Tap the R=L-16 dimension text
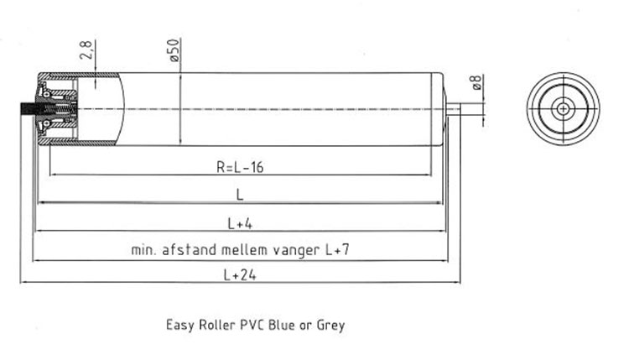[241, 167]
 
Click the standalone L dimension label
[240, 195]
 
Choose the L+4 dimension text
[240, 222]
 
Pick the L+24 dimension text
[240, 274]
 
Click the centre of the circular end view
[563, 109]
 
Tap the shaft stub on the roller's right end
[454, 109]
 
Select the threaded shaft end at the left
[29, 110]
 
